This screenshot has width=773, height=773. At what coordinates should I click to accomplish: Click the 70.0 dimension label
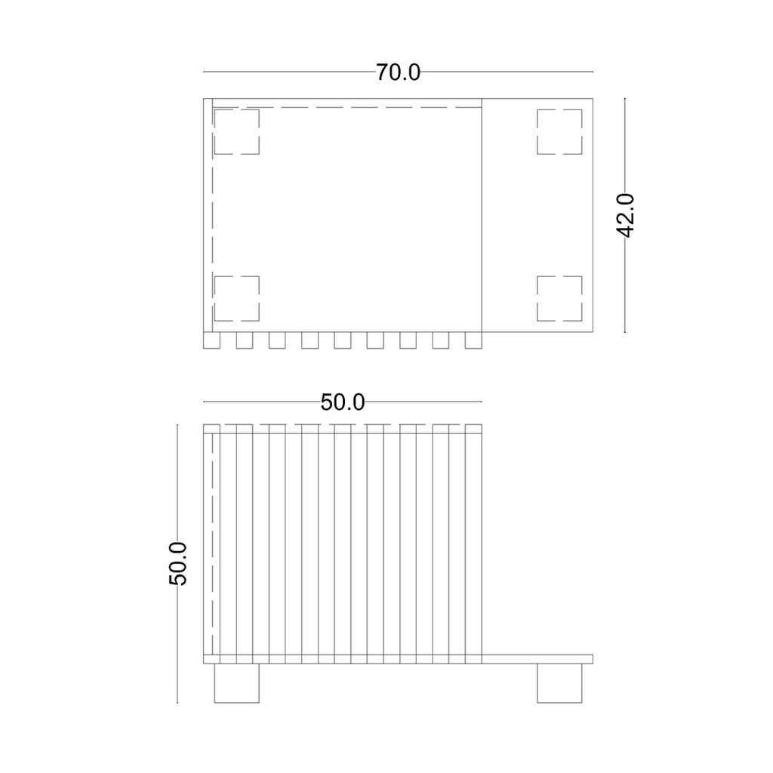point(398,72)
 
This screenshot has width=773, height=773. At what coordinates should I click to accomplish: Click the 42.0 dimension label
point(626,215)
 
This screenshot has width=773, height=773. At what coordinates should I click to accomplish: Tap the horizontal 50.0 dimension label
point(343,402)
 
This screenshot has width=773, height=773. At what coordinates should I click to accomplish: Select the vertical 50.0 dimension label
point(178,563)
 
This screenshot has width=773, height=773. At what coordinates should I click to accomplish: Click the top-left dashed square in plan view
point(236,131)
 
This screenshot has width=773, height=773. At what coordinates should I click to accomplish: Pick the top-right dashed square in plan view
point(559,131)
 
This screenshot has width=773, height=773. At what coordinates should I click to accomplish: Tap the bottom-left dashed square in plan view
point(236,298)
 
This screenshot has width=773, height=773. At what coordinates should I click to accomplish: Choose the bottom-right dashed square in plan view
point(559,298)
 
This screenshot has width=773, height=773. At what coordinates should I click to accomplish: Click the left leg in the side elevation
point(236,683)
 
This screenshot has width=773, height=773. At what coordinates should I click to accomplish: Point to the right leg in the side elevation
point(559,683)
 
